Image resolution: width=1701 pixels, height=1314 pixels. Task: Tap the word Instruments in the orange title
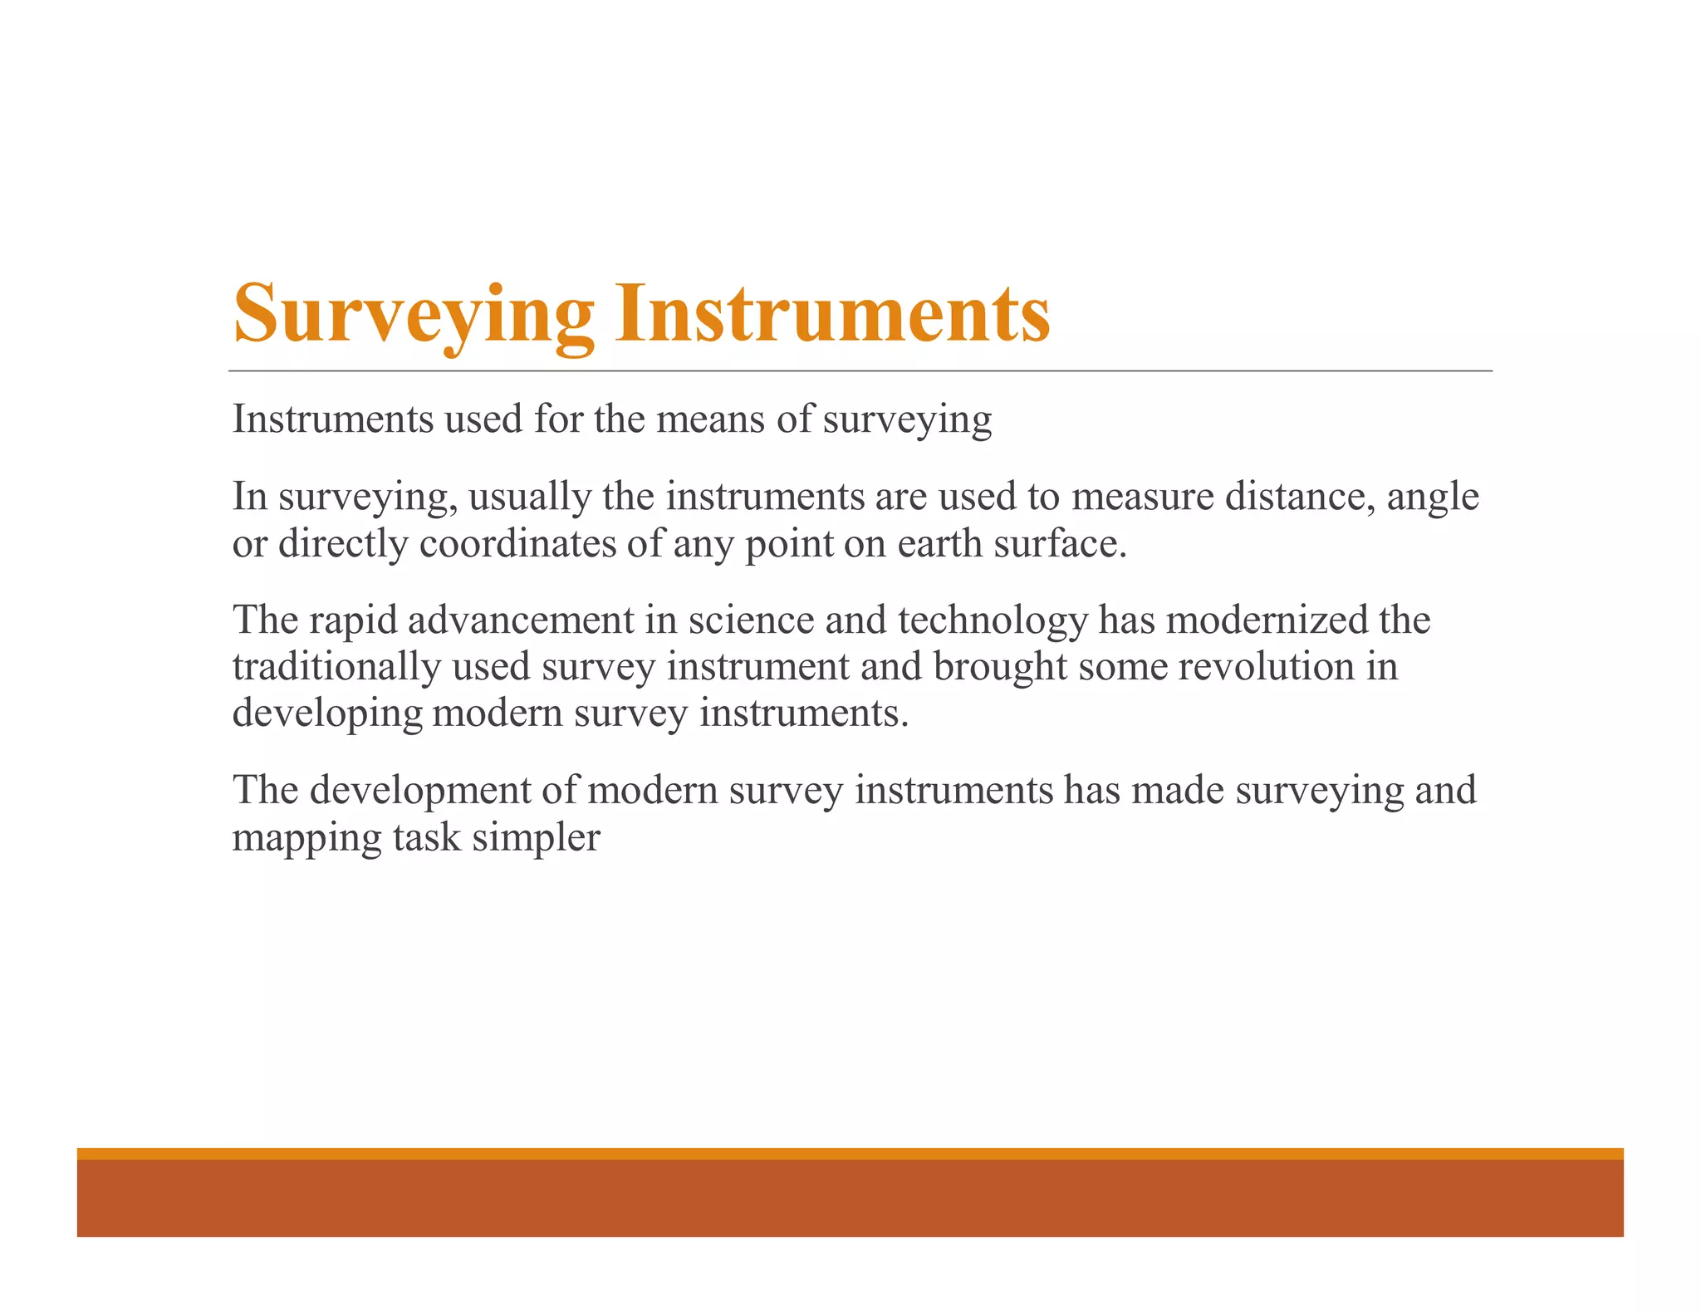point(832,314)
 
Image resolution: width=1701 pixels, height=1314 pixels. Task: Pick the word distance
point(1300,497)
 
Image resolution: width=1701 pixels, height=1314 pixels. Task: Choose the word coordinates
point(517,544)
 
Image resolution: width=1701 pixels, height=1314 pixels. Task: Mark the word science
point(751,620)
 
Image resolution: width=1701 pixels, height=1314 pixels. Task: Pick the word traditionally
point(336,667)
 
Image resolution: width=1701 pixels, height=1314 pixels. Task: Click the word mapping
point(306,838)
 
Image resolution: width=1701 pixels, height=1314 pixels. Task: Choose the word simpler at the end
point(536,838)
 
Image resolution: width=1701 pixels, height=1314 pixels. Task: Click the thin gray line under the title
point(860,370)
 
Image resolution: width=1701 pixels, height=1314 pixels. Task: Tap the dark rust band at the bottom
point(850,1198)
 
